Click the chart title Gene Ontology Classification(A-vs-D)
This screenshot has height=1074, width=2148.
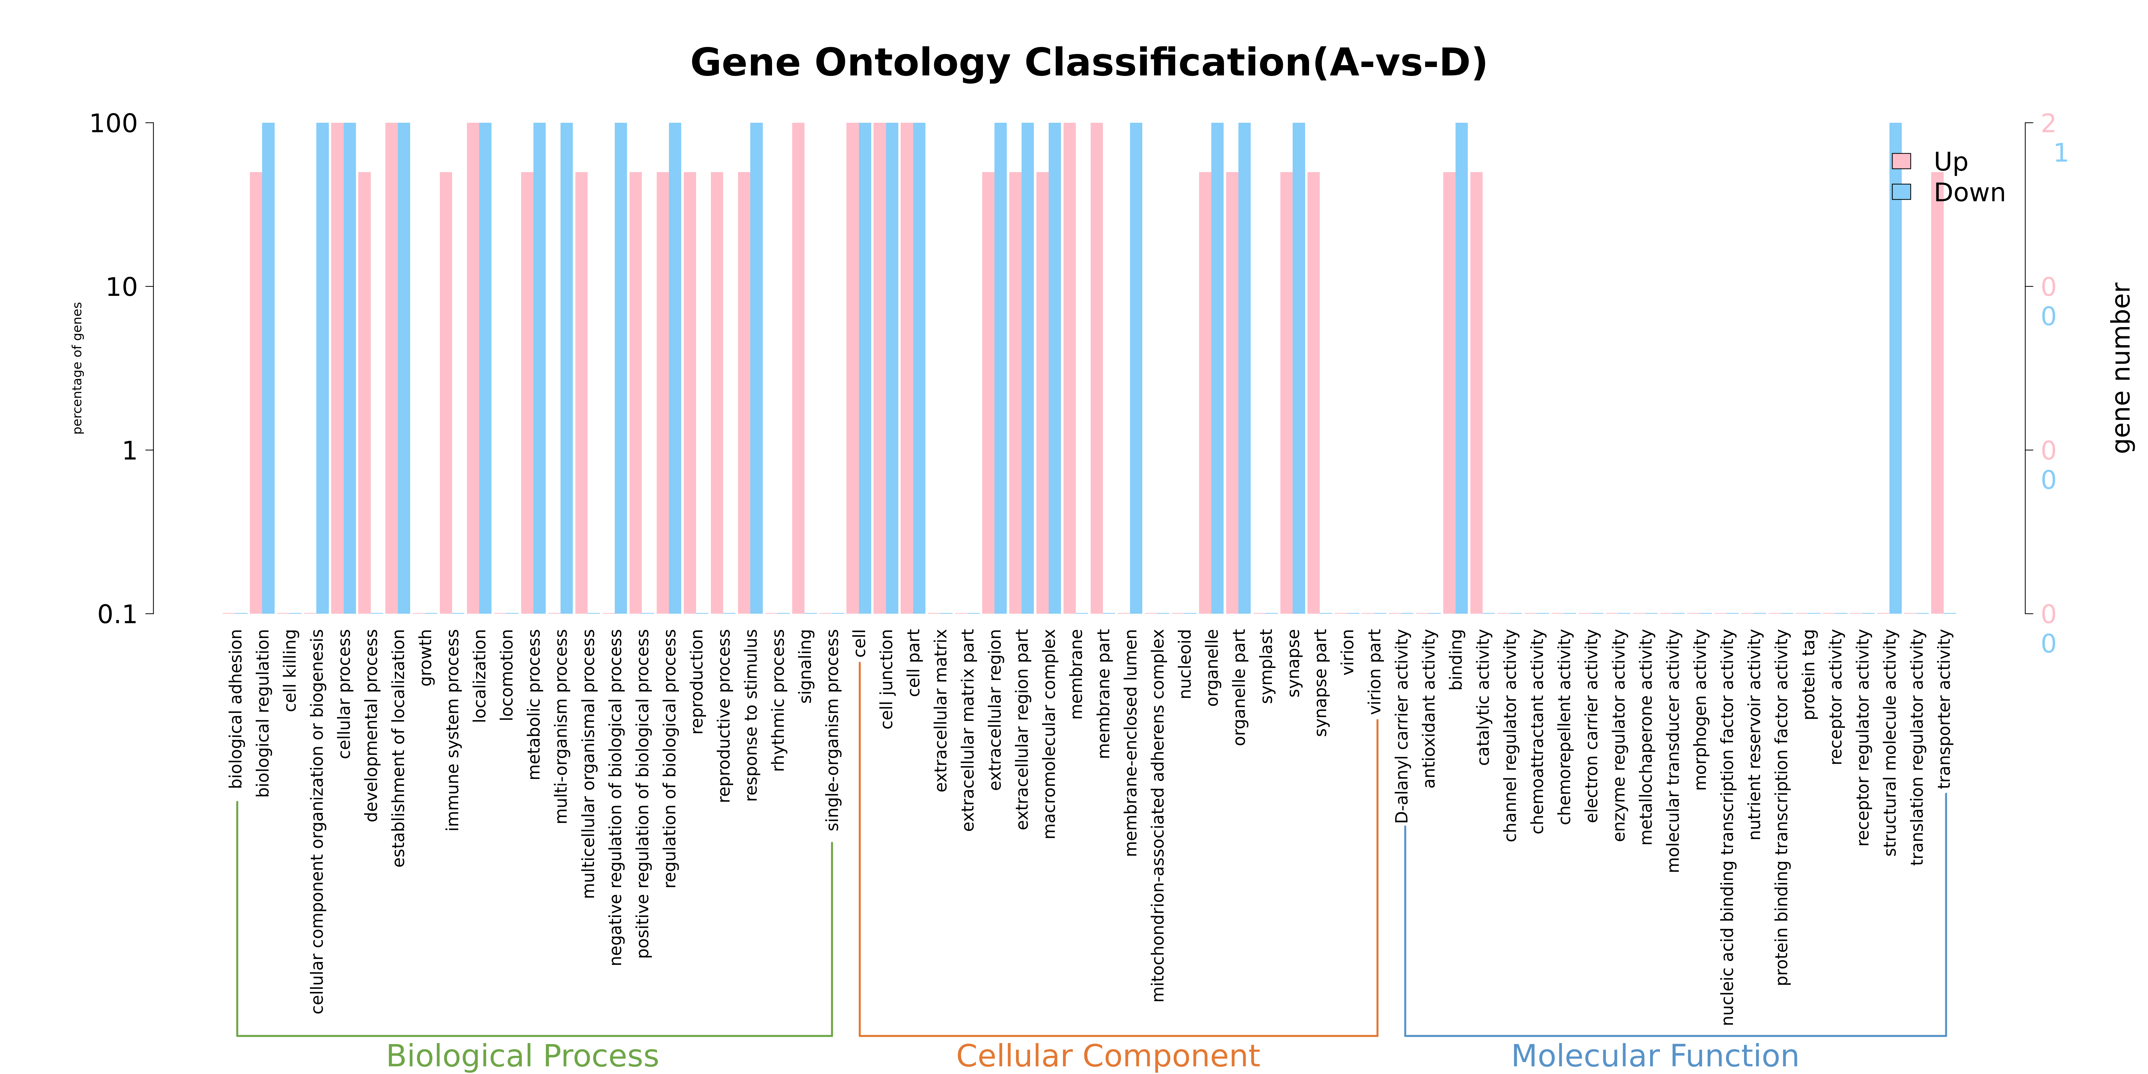pyautogui.click(x=1088, y=63)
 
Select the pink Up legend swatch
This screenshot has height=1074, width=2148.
pyautogui.click(x=1901, y=161)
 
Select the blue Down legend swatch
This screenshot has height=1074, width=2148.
pyautogui.click(x=1901, y=192)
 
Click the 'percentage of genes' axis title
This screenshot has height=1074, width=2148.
pyautogui.click(x=77, y=368)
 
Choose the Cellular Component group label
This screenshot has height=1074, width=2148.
pyautogui.click(x=1108, y=1056)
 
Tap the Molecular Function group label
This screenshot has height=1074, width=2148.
pyautogui.click(x=1655, y=1056)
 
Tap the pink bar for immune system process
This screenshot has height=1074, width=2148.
pyautogui.click(x=446, y=393)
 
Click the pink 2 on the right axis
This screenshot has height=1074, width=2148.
pyautogui.click(x=2049, y=124)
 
